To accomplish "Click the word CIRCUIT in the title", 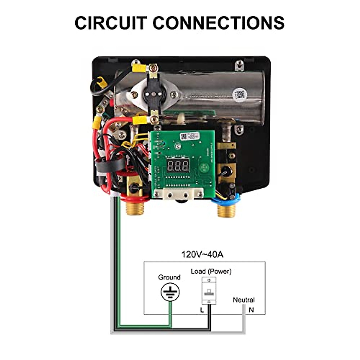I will click(111, 23).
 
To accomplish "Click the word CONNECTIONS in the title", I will click(218, 23).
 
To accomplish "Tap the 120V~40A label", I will click(202, 254).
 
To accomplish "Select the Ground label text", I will click(169, 277).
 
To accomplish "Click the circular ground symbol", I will click(170, 292).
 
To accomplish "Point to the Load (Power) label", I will click(211, 271).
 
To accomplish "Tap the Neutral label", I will click(244, 300).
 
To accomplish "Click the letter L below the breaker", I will click(202, 310).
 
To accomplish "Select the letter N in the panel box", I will click(251, 310).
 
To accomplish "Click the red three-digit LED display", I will click(178, 165).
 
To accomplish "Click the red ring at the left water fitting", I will click(135, 198).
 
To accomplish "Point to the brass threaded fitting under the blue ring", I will click(226, 210).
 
